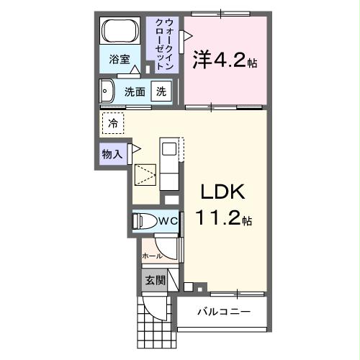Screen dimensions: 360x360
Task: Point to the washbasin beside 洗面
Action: (x=108, y=91)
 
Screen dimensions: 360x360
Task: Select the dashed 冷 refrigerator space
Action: (x=113, y=123)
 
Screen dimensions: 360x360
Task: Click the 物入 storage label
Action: (x=112, y=153)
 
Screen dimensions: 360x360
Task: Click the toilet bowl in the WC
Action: (x=143, y=222)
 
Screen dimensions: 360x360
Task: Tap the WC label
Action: (x=168, y=222)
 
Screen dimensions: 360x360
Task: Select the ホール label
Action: (x=152, y=256)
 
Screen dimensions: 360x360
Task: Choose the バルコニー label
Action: (x=224, y=313)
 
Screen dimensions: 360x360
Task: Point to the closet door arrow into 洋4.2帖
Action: (x=187, y=35)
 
